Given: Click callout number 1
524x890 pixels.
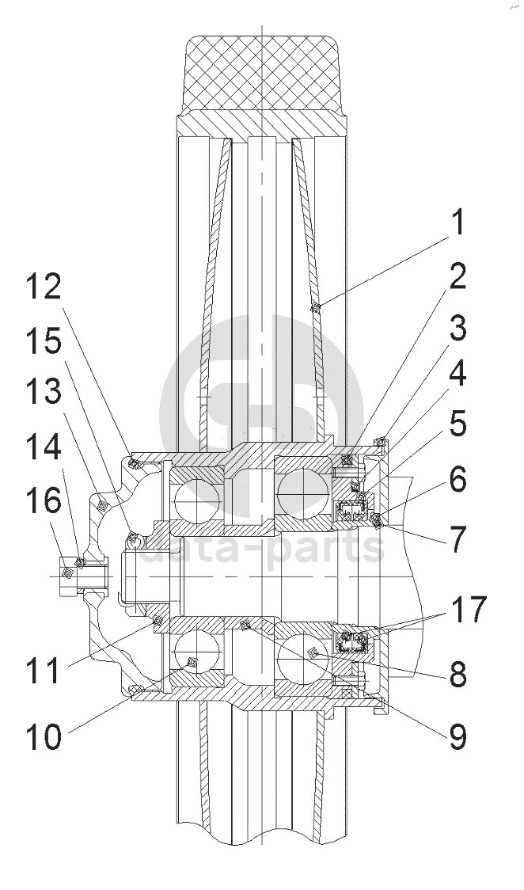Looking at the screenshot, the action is tap(457, 222).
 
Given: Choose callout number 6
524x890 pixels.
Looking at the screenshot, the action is tap(457, 480).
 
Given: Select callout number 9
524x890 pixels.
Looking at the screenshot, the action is tap(457, 736).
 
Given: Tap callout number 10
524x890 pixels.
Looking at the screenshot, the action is tap(44, 736).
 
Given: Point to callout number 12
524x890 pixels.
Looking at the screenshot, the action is tap(42, 287).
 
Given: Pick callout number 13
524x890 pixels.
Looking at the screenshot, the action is tap(43, 392).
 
